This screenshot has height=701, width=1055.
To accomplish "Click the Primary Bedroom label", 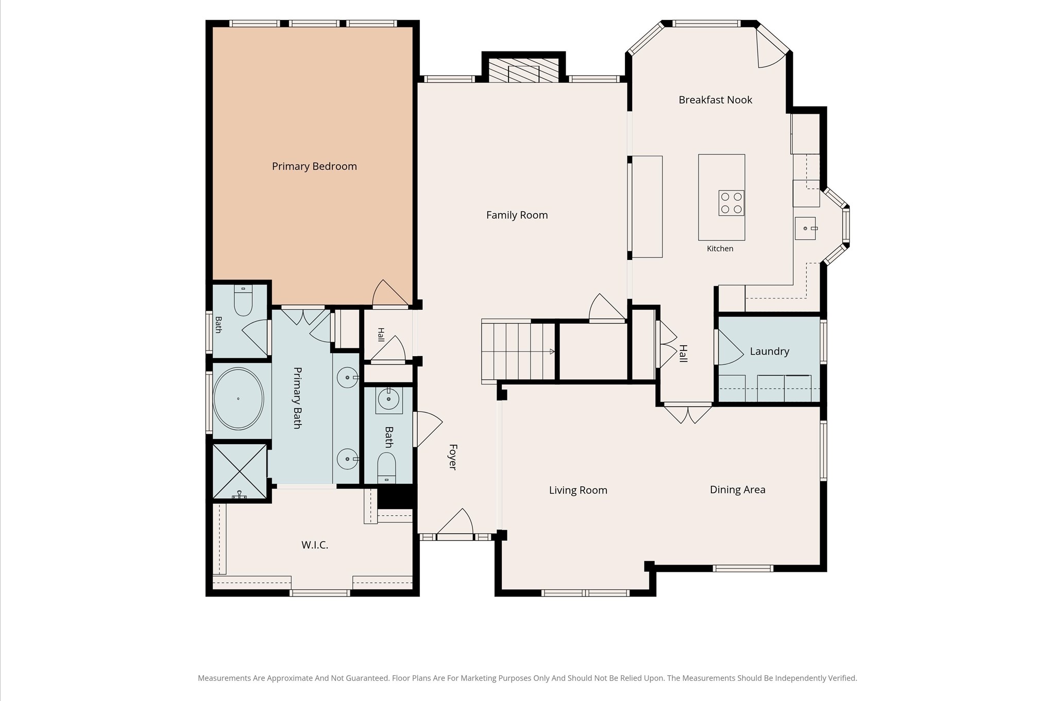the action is [x=314, y=166].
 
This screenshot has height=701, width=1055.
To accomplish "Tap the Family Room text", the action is [x=517, y=215].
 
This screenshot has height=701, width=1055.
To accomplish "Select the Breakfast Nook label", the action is [x=715, y=100].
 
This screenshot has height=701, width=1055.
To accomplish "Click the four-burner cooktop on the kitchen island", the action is [x=731, y=203].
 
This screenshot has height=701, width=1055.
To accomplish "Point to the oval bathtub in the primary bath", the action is [x=238, y=398].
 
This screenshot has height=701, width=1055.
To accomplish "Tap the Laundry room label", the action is [x=769, y=352].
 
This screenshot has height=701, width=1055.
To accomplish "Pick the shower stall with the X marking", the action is [x=240, y=471].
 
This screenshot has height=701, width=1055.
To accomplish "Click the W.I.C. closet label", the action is [x=315, y=545].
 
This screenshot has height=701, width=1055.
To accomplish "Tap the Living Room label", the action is [x=578, y=490].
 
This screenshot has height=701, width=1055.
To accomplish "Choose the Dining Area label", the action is [x=737, y=490].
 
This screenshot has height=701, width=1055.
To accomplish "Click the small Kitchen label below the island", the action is [x=720, y=249].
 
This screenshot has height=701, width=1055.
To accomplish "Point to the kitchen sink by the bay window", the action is [x=805, y=229].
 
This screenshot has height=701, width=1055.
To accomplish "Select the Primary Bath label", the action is [x=297, y=398].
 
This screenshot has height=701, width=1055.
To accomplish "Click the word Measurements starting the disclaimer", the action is [x=225, y=678].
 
